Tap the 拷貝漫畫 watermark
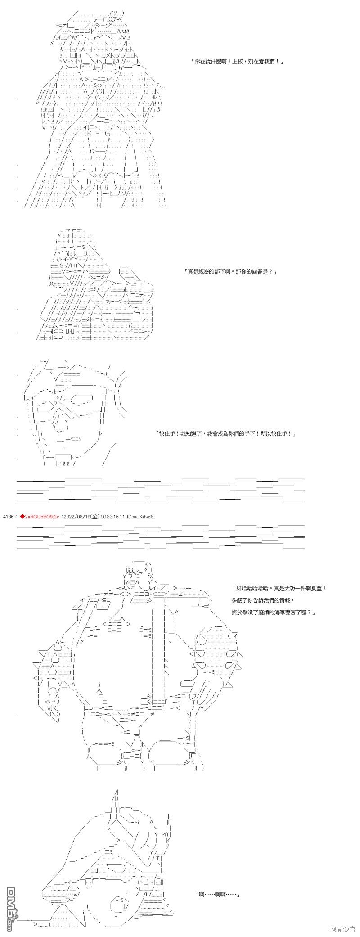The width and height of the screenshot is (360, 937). (x=342, y=929)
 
